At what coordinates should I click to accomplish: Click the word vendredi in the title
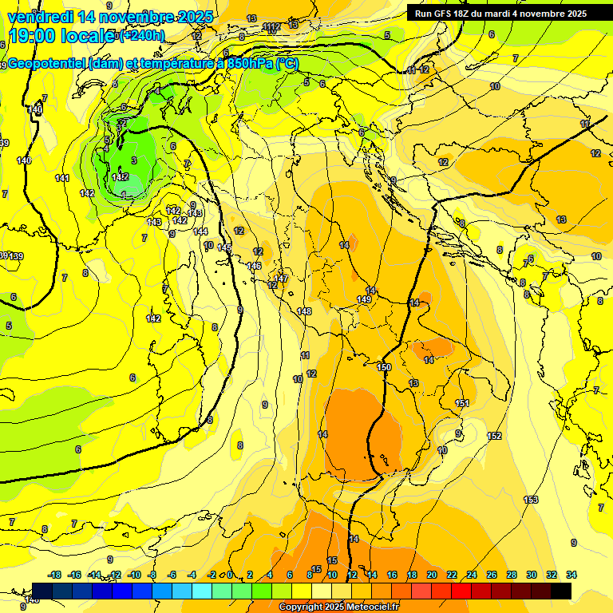(40, 17)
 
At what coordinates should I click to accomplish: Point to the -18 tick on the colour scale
(55, 575)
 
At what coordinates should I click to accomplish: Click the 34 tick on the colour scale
(571, 575)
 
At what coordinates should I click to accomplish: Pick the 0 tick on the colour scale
(230, 575)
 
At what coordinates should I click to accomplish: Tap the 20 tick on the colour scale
(432, 575)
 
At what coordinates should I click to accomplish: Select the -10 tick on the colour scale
(135, 575)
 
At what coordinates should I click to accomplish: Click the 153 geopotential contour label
(531, 500)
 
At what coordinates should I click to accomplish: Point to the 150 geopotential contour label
(384, 367)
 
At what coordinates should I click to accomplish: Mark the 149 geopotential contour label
(364, 299)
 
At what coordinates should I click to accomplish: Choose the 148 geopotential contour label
(304, 311)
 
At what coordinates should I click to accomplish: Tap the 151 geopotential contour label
(462, 403)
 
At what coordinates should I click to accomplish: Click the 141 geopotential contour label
(62, 178)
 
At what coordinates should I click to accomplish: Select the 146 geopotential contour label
(255, 266)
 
